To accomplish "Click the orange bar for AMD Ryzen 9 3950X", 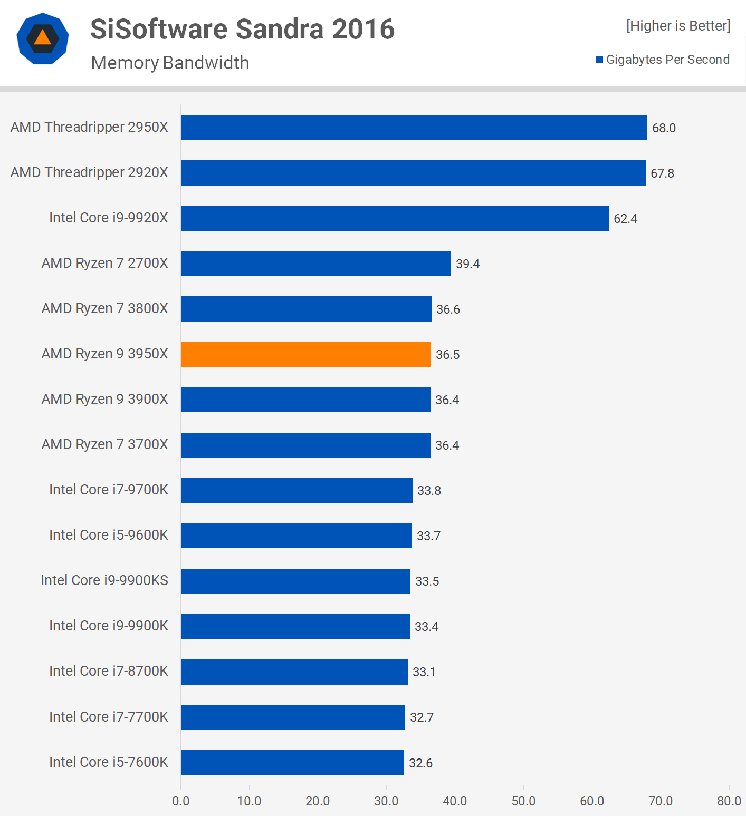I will tap(306, 354).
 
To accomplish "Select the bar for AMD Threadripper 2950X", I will tap(414, 128).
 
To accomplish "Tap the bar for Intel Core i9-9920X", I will tap(395, 218).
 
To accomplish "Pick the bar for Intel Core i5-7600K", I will tap(292, 763).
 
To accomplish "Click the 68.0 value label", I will tap(664, 128).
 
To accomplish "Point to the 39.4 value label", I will tap(467, 264).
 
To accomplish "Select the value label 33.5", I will tap(427, 581).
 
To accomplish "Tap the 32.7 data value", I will tap(422, 717).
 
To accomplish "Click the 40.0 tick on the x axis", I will tap(455, 801).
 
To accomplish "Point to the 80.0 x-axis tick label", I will tap(729, 801).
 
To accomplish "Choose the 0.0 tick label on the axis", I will tap(180, 801).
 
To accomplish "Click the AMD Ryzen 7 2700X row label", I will tap(104, 263).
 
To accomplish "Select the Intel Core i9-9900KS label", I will tap(104, 580).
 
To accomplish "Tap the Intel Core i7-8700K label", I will tap(108, 671).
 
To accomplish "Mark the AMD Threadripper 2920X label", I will tap(89, 172).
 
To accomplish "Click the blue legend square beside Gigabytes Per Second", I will tap(599, 60).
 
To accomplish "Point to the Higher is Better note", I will tap(678, 26).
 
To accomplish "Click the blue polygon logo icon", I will tap(43, 38).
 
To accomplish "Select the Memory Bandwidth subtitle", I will tap(170, 63).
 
